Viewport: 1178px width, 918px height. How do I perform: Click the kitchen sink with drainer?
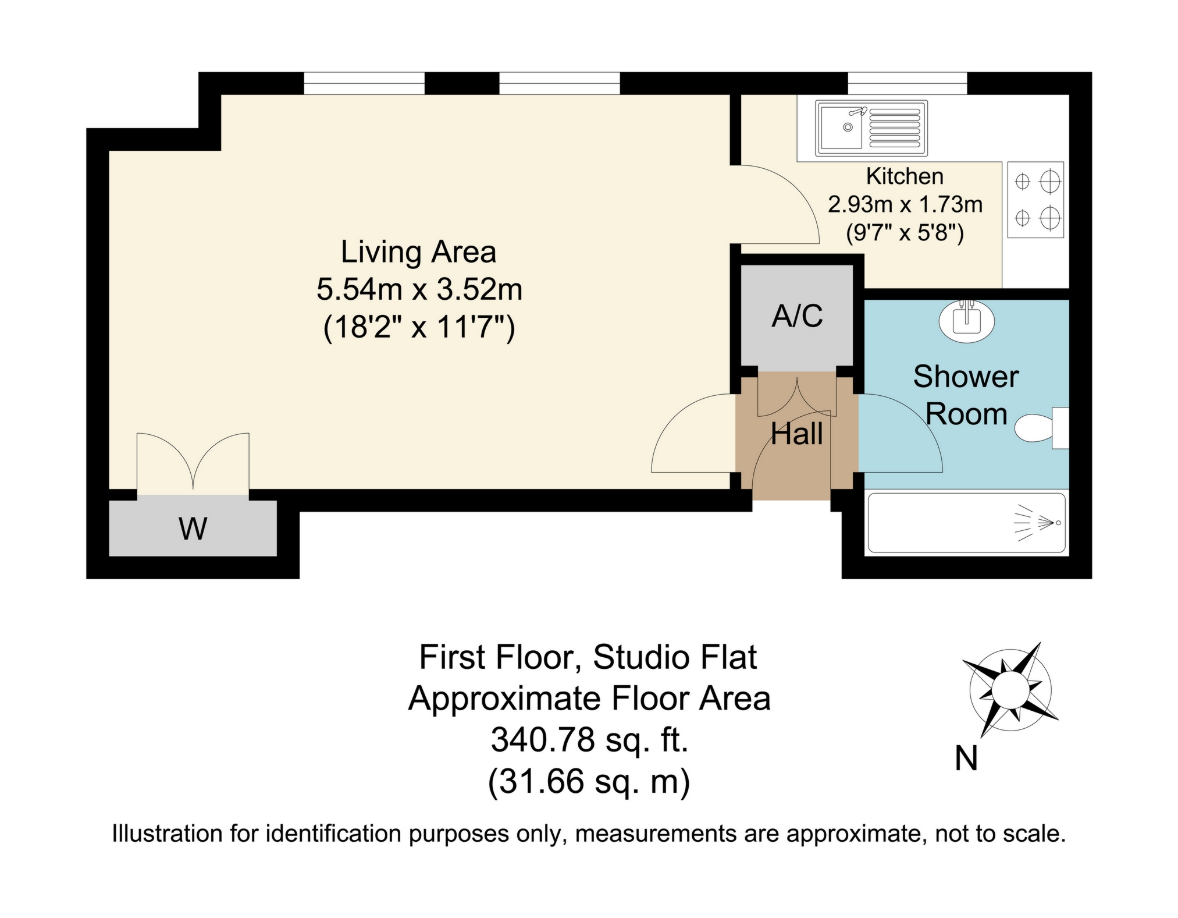point(871,128)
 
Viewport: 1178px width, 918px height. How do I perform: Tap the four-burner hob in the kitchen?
point(1035,200)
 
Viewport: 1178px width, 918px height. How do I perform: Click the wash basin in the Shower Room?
point(967,321)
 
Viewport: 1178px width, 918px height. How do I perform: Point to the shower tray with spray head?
point(966,523)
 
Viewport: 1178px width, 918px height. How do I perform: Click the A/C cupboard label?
point(797,316)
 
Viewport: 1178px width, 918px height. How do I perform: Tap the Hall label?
point(797,434)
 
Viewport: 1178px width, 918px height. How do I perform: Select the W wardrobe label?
point(193,529)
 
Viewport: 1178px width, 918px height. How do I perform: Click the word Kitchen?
point(905,176)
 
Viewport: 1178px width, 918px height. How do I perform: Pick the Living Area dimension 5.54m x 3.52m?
point(419,289)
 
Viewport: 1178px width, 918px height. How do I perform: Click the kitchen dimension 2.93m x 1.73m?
point(905,204)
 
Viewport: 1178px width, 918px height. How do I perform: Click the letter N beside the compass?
point(966,758)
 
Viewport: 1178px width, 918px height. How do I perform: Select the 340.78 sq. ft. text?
point(590,740)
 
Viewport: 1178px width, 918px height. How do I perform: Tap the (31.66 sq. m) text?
point(589,782)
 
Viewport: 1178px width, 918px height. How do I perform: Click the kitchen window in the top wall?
point(907,83)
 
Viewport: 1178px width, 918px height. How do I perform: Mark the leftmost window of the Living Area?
point(364,83)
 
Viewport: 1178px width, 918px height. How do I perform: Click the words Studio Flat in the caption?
point(675,658)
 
